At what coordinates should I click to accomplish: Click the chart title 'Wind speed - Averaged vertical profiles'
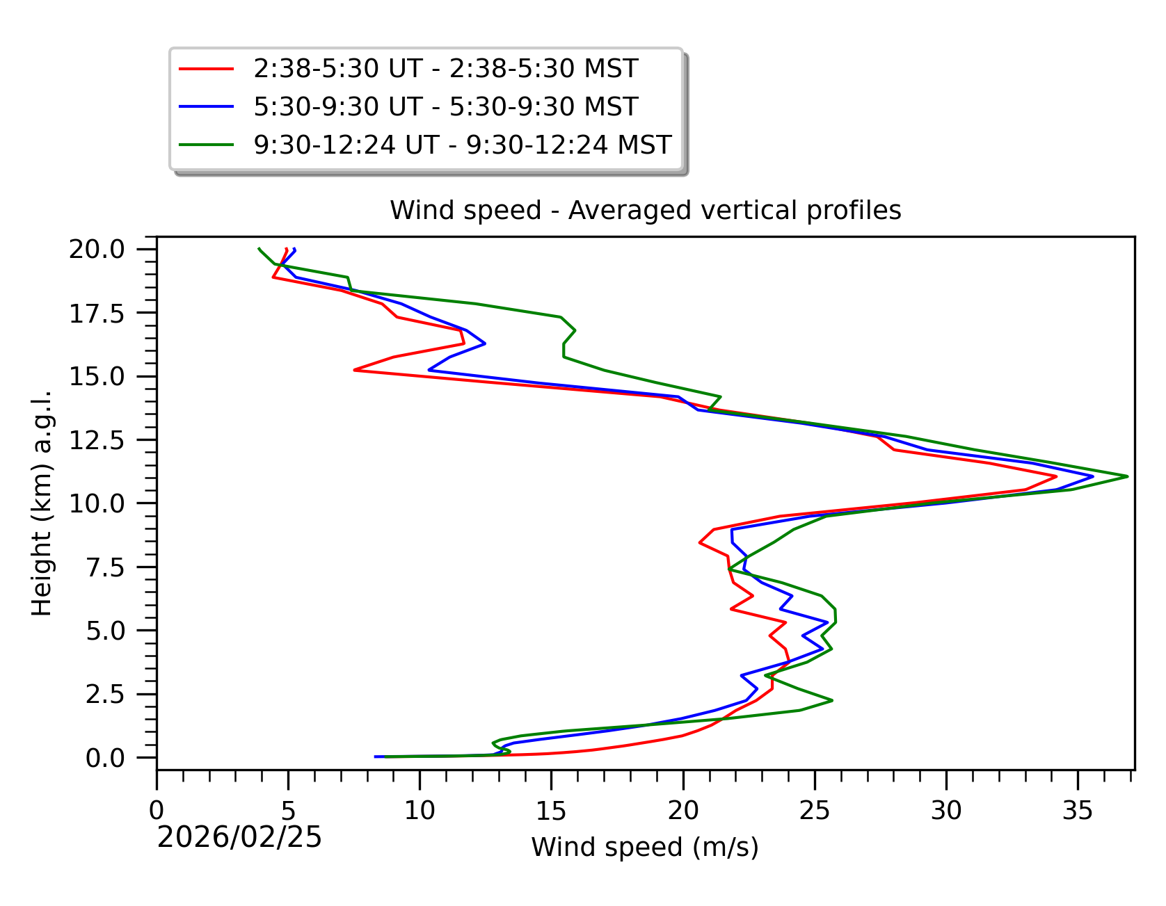pos(645,210)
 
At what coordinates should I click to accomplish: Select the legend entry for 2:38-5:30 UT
pos(445,69)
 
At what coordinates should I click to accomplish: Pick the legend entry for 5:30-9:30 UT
pos(445,107)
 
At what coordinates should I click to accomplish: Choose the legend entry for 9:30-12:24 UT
pos(462,145)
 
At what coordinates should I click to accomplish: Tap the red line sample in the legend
pos(206,69)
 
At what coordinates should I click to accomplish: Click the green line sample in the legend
pos(206,145)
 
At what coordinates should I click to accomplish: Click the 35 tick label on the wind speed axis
pos(1078,810)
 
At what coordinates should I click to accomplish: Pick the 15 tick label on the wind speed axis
pos(551,810)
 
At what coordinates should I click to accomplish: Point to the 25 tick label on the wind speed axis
pos(814,810)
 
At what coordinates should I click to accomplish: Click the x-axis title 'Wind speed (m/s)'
pos(645,848)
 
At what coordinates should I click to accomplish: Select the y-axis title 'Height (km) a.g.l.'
pos(42,503)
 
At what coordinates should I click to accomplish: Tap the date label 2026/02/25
pos(239,838)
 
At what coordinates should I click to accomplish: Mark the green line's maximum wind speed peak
pos(1127,476)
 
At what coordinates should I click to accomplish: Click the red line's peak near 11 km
pos(1056,477)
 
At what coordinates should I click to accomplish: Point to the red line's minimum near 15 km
pos(355,370)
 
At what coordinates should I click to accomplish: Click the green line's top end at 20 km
pos(259,248)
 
